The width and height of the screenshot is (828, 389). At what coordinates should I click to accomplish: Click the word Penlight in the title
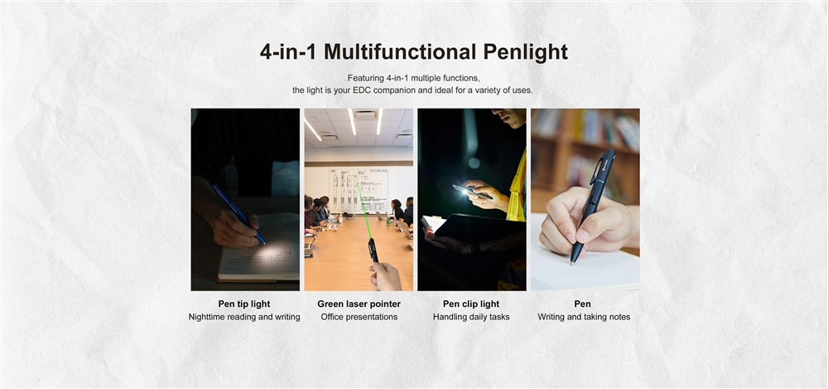point(526,52)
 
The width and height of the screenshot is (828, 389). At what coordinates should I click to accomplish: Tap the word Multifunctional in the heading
point(400,52)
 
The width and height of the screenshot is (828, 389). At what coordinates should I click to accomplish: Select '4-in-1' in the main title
point(289,52)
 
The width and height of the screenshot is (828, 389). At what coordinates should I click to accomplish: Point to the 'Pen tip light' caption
point(244,304)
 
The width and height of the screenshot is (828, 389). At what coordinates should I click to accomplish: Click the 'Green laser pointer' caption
point(359,304)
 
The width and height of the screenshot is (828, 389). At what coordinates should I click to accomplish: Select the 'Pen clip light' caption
point(471,304)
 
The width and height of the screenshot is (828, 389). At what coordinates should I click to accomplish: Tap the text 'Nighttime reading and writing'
point(244,317)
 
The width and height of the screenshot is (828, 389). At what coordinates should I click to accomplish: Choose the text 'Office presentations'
point(359,317)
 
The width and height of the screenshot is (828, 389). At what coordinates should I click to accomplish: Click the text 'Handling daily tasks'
point(471,317)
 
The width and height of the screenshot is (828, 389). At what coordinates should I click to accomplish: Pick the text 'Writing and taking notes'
point(584,317)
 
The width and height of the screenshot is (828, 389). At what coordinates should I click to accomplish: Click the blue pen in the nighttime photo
point(238,213)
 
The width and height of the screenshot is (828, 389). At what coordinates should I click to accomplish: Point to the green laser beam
point(364,210)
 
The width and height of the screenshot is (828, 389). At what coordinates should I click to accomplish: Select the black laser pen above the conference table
point(373,250)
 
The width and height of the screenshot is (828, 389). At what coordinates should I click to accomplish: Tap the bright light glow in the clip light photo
point(465,191)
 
